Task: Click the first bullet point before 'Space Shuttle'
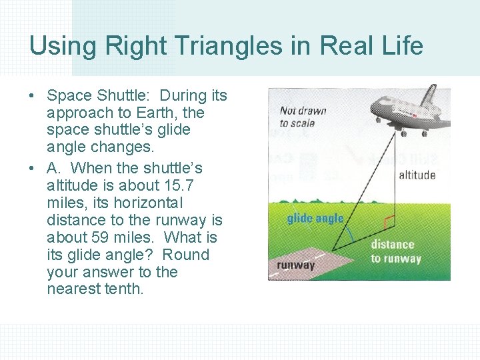pyautogui.click(x=33, y=96)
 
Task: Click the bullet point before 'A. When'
pyautogui.click(x=33, y=168)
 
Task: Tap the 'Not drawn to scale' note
pyautogui.click(x=302, y=117)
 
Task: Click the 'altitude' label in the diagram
pyautogui.click(x=417, y=175)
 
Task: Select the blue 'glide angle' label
pyautogui.click(x=315, y=219)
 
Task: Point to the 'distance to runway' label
pyautogui.click(x=396, y=251)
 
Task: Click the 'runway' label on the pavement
pyautogui.click(x=295, y=265)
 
